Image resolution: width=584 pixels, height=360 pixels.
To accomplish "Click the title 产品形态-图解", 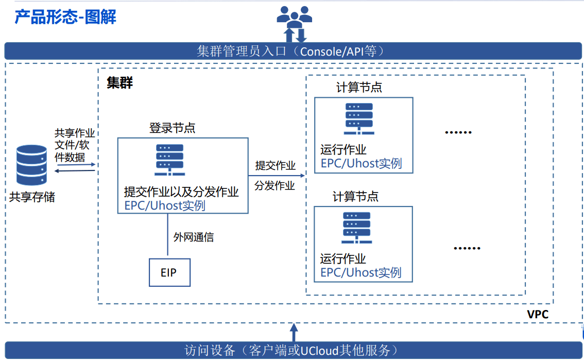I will tap(65, 16).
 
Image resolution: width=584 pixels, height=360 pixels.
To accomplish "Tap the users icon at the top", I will tap(294, 18).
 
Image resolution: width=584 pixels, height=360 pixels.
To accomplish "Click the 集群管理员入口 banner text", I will tap(291, 51).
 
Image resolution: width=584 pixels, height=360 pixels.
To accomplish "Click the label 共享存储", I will tap(32, 197).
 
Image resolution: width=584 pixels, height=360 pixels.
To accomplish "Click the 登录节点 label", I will tap(172, 128).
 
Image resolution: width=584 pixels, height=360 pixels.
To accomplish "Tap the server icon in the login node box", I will tap(169, 160).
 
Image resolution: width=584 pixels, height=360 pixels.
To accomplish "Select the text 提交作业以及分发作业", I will tap(181, 192).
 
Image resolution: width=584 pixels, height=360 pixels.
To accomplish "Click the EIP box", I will tap(169, 272).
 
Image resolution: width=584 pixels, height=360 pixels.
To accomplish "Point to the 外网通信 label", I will tap(194, 237).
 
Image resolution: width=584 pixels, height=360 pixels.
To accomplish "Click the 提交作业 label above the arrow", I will tap(276, 165).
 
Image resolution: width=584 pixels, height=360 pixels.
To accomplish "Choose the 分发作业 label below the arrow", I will tap(275, 185).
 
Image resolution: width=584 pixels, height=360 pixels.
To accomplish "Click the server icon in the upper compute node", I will tap(359, 118).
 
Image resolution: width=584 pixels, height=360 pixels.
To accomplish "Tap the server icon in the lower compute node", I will tap(357, 228).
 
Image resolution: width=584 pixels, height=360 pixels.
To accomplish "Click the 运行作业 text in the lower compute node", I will tap(343, 259).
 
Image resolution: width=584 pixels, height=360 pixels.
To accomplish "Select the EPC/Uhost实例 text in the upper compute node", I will tap(360, 164).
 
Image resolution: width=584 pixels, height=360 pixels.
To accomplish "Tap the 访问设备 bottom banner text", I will tap(291, 351).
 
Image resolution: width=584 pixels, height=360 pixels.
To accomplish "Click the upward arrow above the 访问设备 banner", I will tap(294, 331).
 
